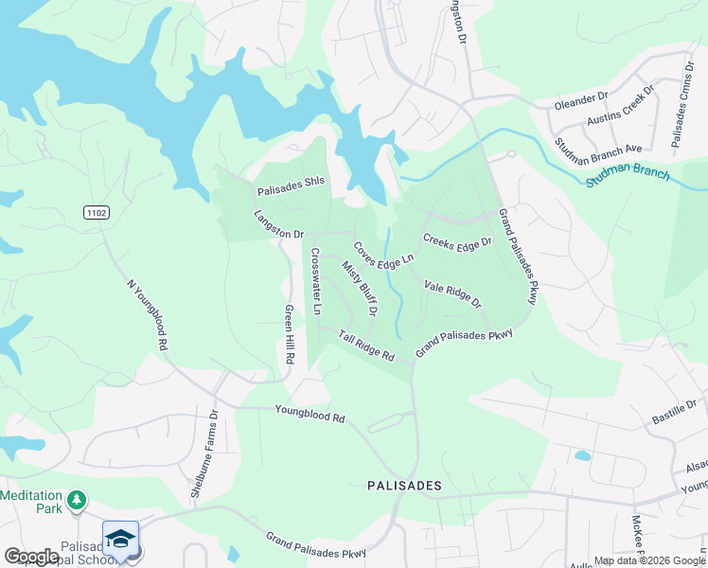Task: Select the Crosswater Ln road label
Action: [x=317, y=282]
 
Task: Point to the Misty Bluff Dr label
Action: [x=361, y=288]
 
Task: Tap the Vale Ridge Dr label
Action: [x=452, y=294]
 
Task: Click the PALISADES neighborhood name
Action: [x=404, y=485]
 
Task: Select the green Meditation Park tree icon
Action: [x=77, y=499]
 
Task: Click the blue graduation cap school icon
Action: [x=120, y=539]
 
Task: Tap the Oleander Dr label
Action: [x=581, y=98]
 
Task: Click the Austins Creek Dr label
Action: [x=620, y=107]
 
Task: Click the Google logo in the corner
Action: [x=30, y=557]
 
